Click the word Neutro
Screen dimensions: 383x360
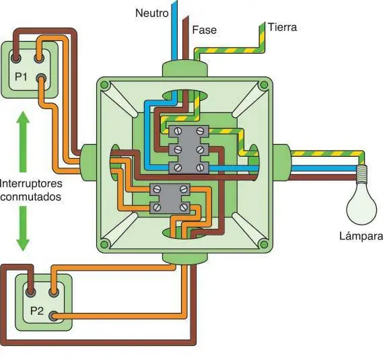pos(152,13)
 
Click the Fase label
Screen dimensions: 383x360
pos(205,30)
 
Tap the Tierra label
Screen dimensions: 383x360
pos(282,27)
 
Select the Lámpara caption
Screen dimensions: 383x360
pos(361,236)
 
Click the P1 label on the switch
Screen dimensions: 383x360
pos(21,77)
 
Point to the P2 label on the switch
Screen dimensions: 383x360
pos(37,311)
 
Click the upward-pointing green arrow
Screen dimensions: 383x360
pos(23,142)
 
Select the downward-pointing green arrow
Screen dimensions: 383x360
pos(23,229)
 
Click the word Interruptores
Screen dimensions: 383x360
pos(31,184)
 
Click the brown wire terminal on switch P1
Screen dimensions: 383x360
pos(16,58)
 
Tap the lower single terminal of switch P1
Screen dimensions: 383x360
pos(41,79)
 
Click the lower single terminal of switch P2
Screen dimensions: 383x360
pos(53,316)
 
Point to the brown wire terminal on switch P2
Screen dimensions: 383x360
pos(31,291)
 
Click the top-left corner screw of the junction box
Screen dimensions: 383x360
pos(104,85)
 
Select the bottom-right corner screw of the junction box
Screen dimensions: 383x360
pos(264,244)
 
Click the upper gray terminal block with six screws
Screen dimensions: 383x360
pos(189,149)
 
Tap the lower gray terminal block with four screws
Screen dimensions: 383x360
pos(170,199)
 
